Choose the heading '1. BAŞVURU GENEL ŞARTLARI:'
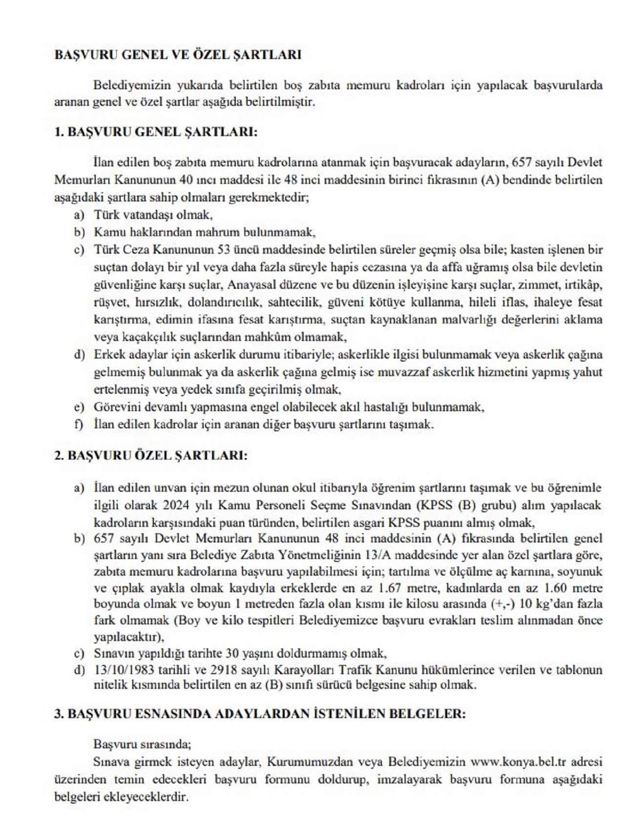[156, 132]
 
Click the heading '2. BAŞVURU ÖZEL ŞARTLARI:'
[151, 456]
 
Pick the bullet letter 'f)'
[79, 424]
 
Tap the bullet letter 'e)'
[79, 407]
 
